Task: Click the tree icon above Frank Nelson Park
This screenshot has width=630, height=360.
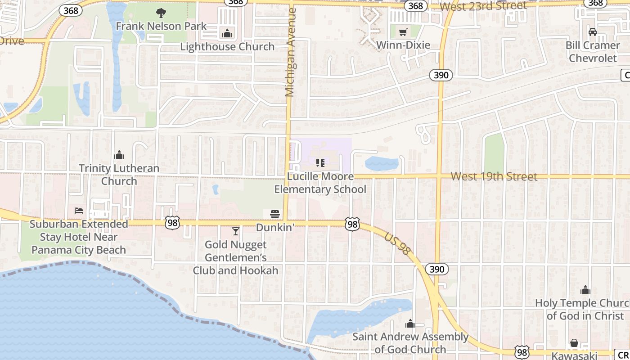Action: tap(161, 13)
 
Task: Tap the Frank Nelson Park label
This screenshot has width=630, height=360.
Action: tap(161, 26)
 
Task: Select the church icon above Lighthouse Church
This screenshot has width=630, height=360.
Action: tap(227, 33)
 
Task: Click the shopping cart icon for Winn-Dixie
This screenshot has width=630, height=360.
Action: tap(403, 32)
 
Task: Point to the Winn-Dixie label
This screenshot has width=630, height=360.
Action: tap(403, 45)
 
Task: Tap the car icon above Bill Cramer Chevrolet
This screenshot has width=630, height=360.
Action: tap(593, 32)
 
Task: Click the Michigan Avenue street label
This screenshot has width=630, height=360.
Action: tap(291, 52)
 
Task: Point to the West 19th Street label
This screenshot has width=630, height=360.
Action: tap(494, 176)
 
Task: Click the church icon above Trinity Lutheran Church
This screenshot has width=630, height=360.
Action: tap(119, 155)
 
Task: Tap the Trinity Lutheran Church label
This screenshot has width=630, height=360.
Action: tap(119, 175)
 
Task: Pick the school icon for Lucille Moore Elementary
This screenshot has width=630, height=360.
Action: tap(320, 163)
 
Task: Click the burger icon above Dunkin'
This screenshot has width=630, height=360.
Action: tap(275, 214)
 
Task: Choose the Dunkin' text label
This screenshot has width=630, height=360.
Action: tap(275, 228)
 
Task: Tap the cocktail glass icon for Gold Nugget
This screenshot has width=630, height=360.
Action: tap(235, 231)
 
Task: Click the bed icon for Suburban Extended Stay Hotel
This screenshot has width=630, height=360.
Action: tap(79, 210)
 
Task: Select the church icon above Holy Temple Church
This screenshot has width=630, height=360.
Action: tap(585, 290)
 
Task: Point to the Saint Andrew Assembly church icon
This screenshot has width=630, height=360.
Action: tap(410, 324)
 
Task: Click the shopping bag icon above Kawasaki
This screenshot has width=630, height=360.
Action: tap(574, 343)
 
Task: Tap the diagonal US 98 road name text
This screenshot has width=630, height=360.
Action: tap(398, 244)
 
